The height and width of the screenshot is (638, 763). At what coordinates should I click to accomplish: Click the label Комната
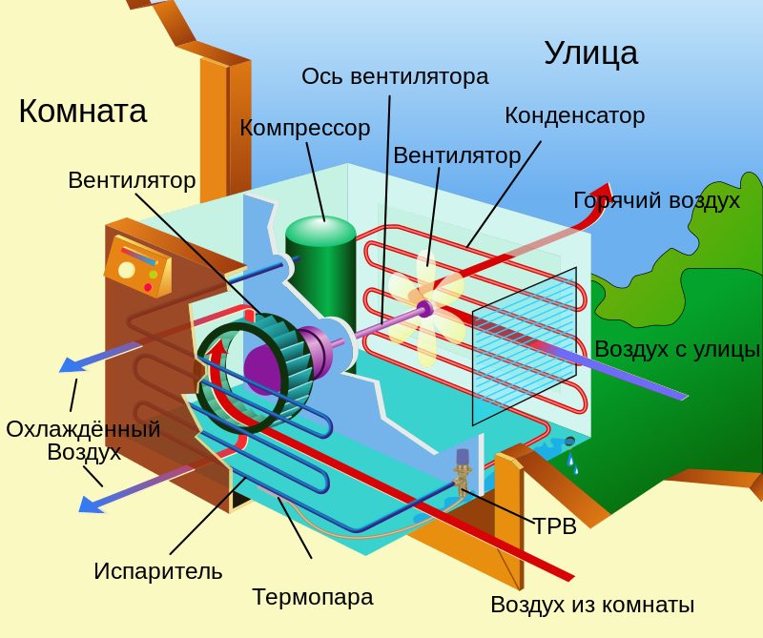(x=82, y=112)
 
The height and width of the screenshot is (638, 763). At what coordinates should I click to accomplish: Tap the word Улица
(x=590, y=53)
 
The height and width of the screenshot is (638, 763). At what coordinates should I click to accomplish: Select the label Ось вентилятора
(x=395, y=76)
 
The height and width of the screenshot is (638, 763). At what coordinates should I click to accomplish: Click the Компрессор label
(x=304, y=128)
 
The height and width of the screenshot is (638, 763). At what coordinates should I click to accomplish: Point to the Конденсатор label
(x=574, y=115)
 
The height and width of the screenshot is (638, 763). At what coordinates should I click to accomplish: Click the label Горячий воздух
(x=656, y=200)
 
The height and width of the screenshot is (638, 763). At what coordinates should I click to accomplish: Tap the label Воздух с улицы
(x=676, y=349)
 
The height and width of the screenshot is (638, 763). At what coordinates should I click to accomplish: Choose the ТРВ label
(x=554, y=526)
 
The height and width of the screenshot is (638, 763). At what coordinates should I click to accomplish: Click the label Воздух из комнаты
(x=591, y=605)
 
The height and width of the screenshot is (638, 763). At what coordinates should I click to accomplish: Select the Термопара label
(x=312, y=597)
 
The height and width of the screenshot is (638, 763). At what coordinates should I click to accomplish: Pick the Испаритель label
(x=157, y=571)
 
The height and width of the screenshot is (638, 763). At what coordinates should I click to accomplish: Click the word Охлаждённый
(x=83, y=429)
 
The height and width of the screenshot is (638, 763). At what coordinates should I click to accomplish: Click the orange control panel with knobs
(x=138, y=266)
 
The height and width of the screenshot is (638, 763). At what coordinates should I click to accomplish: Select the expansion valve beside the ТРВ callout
(x=463, y=471)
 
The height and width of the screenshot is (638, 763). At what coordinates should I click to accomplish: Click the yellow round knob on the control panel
(x=127, y=270)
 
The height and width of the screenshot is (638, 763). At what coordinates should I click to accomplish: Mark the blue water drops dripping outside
(x=572, y=463)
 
